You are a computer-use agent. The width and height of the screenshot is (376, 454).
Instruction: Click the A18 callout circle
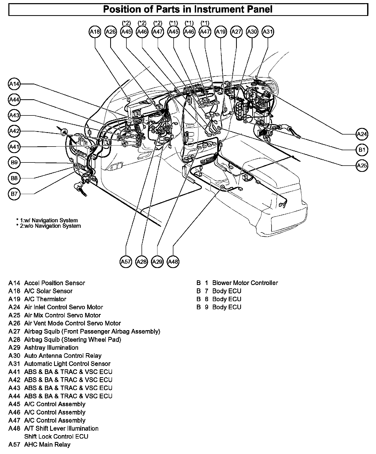pyautogui.click(x=95, y=32)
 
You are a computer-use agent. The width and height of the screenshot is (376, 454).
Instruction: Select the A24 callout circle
pyautogui.click(x=362, y=134)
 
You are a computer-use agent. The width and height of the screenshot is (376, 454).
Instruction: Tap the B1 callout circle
pyautogui.click(x=362, y=150)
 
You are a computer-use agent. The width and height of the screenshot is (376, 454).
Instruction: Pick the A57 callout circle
pyautogui.click(x=126, y=262)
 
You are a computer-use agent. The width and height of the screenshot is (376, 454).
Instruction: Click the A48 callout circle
pyautogui.click(x=173, y=262)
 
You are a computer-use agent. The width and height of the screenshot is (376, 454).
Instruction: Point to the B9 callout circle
pyautogui.click(x=14, y=162)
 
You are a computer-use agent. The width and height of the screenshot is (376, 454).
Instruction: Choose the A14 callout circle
pyautogui.click(x=14, y=84)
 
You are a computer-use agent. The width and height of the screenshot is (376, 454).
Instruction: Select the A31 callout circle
pyautogui.click(x=268, y=32)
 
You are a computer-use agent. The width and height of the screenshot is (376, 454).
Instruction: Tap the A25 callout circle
pyautogui.click(x=362, y=166)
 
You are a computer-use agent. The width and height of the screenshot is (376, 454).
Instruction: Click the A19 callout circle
pyautogui.click(x=221, y=32)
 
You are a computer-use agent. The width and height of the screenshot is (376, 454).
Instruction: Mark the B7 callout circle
pyautogui.click(x=14, y=194)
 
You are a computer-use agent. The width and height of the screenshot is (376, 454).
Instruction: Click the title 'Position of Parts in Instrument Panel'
pyautogui.click(x=188, y=9)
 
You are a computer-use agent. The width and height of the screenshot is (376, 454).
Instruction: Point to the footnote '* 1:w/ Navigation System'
pyautogui.click(x=47, y=220)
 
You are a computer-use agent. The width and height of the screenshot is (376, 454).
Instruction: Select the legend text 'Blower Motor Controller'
pyautogui.click(x=245, y=283)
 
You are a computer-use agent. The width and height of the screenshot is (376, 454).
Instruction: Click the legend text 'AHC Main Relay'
pyautogui.click(x=47, y=445)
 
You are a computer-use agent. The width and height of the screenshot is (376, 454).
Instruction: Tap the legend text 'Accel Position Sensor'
pyautogui.click(x=55, y=283)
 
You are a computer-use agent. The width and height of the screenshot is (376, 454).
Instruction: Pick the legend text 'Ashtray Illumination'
pyautogui.click(x=51, y=348)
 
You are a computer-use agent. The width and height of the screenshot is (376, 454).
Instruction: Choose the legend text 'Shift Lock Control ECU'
pyautogui.click(x=56, y=436)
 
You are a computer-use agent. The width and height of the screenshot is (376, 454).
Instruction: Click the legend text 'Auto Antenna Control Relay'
pyautogui.click(x=63, y=356)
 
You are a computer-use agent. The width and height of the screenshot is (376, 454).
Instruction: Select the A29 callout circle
pyautogui.click(x=157, y=262)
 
